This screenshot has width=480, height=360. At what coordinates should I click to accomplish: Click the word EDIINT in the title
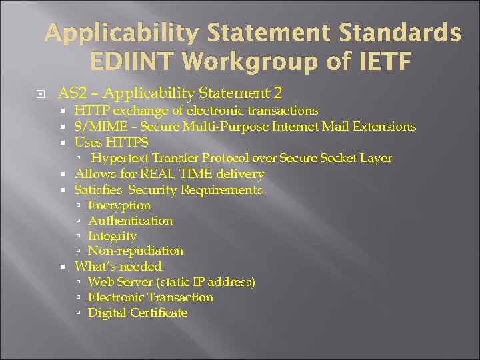[131, 62]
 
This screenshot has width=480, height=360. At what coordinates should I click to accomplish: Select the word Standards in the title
[407, 33]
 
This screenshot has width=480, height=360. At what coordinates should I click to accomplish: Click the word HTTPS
[129, 142]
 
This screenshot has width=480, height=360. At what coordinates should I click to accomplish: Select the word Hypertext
[120, 158]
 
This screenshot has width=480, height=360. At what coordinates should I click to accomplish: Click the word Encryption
[119, 205]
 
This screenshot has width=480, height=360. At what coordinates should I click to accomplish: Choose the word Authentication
[130, 221]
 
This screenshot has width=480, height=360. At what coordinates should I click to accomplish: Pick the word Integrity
[112, 236]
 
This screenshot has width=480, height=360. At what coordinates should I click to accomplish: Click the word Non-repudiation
[135, 251]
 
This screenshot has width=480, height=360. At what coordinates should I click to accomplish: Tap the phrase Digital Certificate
[137, 313]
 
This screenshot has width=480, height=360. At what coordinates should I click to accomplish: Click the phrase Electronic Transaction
[151, 297]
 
